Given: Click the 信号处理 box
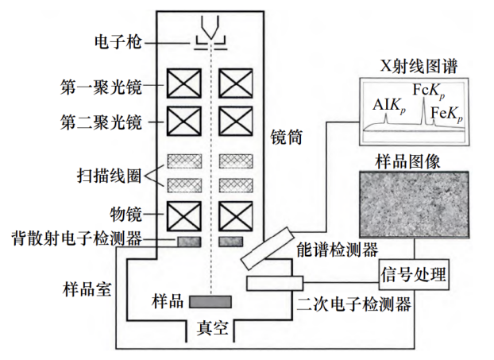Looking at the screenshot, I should click(412, 276).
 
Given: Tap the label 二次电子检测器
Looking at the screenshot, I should click(353, 303).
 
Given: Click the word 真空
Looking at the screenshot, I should click(212, 327).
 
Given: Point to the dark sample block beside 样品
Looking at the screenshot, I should click(210, 302).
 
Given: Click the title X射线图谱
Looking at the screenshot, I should click(411, 65).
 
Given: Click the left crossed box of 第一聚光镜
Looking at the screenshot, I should click(183, 85).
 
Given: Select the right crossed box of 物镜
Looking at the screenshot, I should click(236, 215).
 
